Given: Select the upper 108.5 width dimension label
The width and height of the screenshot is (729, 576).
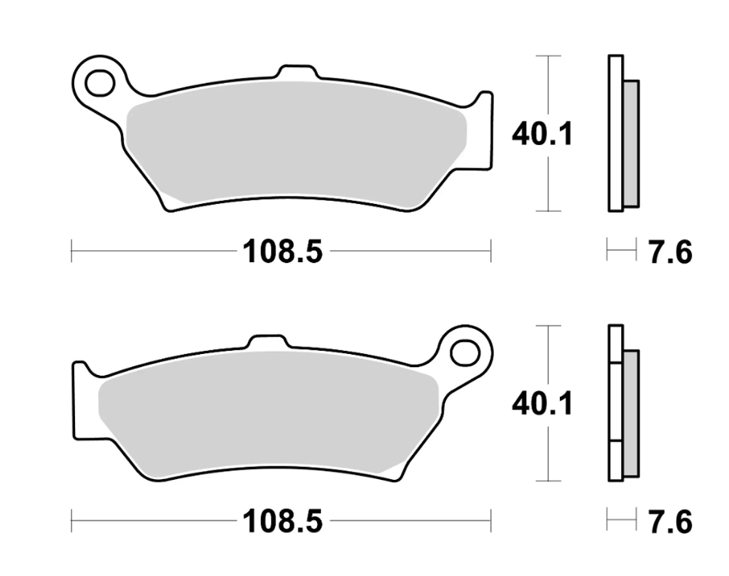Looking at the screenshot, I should (x=281, y=253).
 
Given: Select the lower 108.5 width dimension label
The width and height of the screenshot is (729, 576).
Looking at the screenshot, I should (x=281, y=521).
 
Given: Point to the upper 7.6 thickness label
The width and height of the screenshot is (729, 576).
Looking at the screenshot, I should (x=669, y=253).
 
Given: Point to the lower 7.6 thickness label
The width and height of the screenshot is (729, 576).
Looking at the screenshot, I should (x=669, y=521).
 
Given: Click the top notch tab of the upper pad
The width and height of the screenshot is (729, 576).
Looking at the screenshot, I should (x=297, y=74).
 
